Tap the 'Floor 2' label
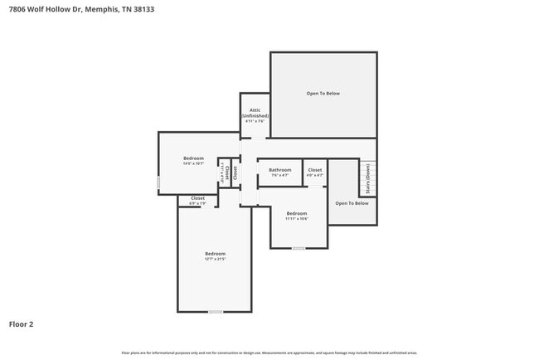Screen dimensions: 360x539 pos(22,324)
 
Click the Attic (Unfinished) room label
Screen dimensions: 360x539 pos(255,113)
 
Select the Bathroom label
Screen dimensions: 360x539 pos(279,170)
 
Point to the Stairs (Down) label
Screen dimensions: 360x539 pos(368,178)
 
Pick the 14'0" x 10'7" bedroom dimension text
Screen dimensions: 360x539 pos(193,163)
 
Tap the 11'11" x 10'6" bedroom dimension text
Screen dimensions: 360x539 pos(297,219)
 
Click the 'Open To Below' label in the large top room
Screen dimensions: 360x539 pos(323,94)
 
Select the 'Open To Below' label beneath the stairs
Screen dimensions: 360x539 pos(352,203)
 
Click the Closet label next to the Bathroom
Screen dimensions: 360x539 pos(314,170)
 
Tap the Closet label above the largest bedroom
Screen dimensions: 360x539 pos(197,198)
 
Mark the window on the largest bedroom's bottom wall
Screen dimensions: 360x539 pos(216,312)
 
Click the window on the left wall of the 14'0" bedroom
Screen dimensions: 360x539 pos(159,182)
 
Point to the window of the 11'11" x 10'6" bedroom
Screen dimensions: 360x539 pos(299,248)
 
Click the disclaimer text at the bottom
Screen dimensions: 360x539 pos(269,353)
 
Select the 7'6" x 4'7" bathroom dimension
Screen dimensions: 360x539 pos(279,176)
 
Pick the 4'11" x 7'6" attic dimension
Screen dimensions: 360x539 pos(255,122)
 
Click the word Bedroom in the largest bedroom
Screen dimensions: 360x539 pos(215,254)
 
